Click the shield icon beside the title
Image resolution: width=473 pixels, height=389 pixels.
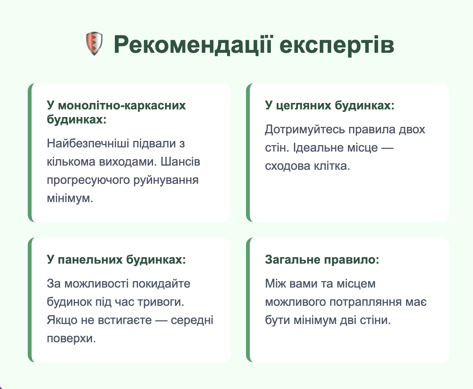(x=94, y=43)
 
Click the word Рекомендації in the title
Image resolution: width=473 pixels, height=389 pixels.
(x=193, y=45)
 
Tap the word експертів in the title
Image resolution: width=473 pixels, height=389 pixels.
(x=337, y=46)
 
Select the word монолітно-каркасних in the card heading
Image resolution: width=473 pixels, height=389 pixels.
(x=122, y=105)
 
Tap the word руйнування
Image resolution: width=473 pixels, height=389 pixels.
(x=166, y=180)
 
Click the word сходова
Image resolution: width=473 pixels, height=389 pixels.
(x=287, y=166)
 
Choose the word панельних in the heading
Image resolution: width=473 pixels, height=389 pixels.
(x=90, y=260)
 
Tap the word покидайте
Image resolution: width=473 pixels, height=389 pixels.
(x=161, y=284)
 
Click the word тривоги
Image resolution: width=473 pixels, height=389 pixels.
(x=161, y=302)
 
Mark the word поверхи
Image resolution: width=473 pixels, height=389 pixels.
(x=71, y=338)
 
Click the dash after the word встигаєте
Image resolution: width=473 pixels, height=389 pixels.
(x=161, y=321)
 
